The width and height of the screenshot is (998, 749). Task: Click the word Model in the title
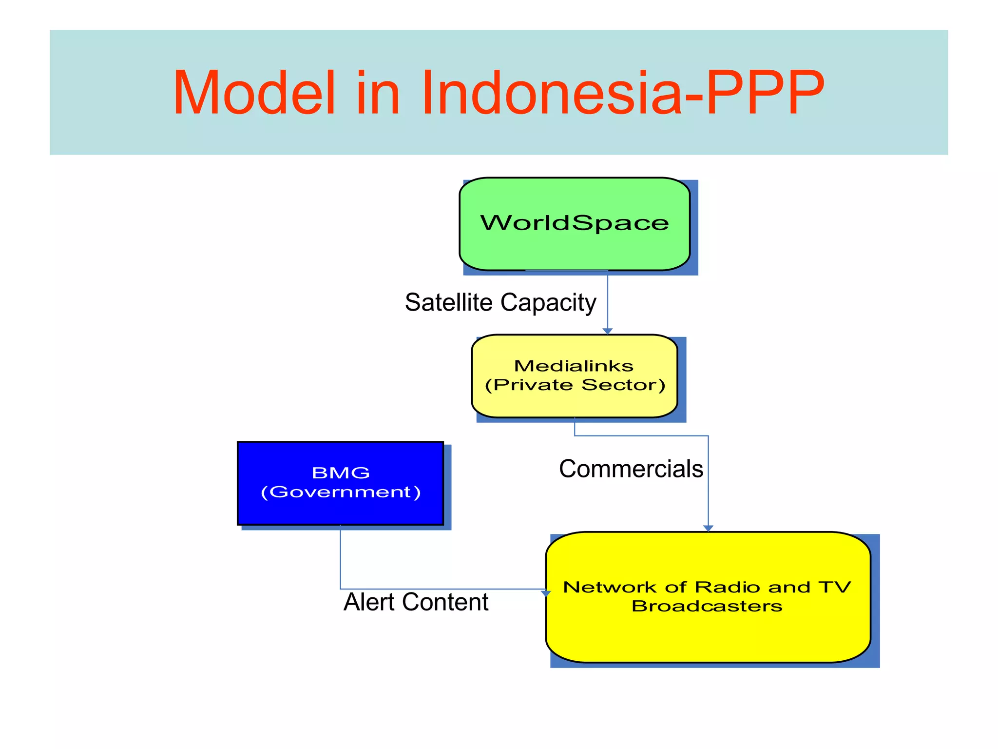pos(254,93)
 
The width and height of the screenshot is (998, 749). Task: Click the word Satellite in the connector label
pos(448,302)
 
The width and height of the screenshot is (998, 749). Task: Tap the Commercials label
pos(631,469)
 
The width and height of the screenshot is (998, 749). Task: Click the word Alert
pos(369,602)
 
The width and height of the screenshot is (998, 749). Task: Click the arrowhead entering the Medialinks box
pos(607,331)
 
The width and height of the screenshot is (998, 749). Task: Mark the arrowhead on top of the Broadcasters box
pos(708,528)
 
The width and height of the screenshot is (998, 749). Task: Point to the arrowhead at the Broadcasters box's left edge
pos(546,593)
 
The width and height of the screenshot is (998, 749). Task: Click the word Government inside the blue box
pos(340,492)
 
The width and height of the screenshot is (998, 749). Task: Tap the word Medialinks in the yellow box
pos(574,366)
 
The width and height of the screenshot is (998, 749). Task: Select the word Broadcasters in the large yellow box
pos(707,606)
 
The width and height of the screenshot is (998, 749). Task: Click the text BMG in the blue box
pos(340,473)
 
